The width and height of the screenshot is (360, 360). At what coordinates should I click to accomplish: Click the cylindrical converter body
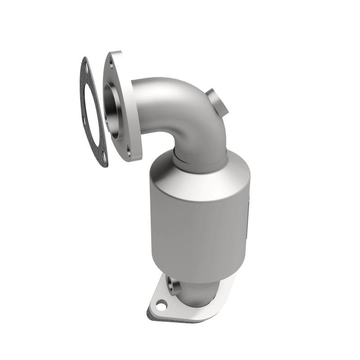(x=198, y=216)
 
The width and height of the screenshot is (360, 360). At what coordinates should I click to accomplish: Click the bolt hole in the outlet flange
(x=162, y=309)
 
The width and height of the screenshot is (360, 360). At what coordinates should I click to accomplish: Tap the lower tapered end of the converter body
(x=193, y=270)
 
